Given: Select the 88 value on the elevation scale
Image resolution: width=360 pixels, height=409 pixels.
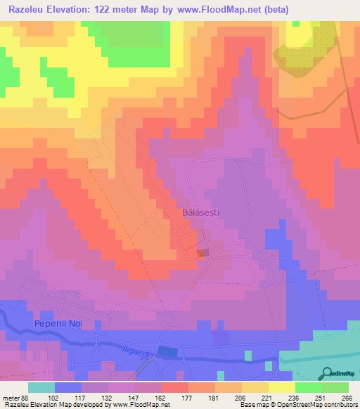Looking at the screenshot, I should coord(27,397).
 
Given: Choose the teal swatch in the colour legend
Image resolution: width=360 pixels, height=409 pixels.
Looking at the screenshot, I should coord(41,387).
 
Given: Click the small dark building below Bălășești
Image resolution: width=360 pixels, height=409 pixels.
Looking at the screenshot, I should coord(202,253).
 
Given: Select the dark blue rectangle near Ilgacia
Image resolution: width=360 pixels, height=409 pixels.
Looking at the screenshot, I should coord(168,351).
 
